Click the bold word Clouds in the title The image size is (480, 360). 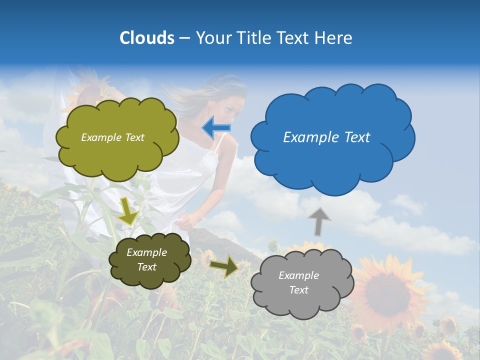point(147,38)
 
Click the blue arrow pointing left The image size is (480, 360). point(215,128)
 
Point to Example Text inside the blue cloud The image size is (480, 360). point(326,137)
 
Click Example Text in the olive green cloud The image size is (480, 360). point(112,137)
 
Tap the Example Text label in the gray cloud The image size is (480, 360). point(298,282)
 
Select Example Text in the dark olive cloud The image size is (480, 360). point(146,259)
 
